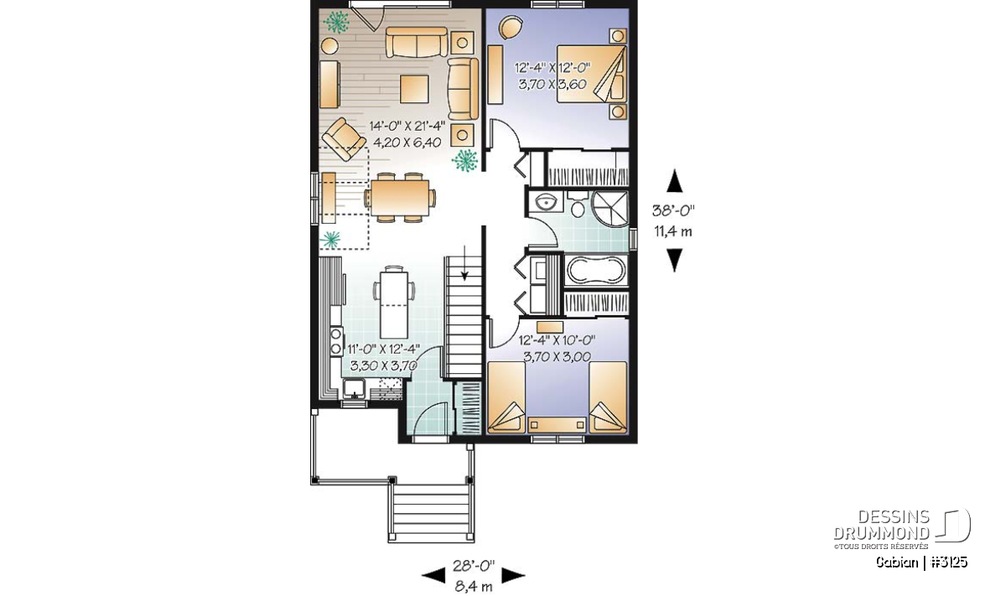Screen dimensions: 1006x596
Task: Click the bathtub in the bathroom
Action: (596, 271)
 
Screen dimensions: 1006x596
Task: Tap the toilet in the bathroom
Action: (577, 205)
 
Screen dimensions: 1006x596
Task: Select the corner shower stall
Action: (610, 209)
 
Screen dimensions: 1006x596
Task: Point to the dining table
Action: (399, 198)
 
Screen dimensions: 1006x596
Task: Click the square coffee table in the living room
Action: (414, 89)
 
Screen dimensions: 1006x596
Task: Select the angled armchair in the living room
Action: (344, 139)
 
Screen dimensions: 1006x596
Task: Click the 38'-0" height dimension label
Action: (673, 210)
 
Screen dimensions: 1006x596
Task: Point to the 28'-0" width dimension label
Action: (474, 566)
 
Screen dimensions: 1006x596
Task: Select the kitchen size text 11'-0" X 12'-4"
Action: (384, 349)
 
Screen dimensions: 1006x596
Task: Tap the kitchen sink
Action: (355, 388)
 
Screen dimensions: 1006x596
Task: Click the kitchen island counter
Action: (394, 304)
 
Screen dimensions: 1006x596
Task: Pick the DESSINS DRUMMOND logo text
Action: (881, 525)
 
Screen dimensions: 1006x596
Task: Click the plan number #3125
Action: (949, 562)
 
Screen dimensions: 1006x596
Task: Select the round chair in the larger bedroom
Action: (511, 28)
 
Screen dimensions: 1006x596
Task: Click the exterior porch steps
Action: (431, 513)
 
